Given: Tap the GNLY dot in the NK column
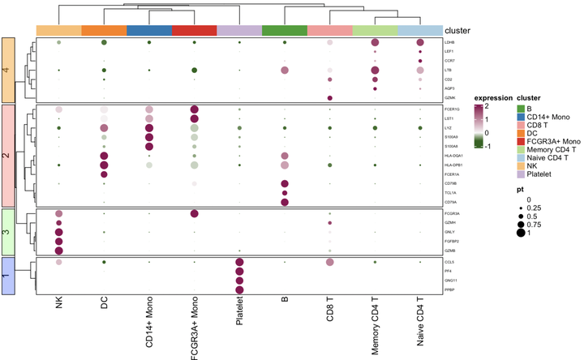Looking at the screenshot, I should pyautogui.click(x=58, y=232).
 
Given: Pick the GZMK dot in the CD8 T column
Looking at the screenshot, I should pyautogui.click(x=329, y=98).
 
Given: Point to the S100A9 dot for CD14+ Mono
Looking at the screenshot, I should pyautogui.click(x=148, y=137).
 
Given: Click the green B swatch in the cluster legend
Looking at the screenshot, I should pyautogui.click(x=521, y=109).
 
